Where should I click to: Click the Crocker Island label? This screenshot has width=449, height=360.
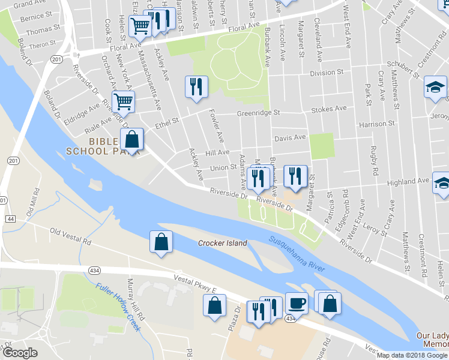coord(223,243)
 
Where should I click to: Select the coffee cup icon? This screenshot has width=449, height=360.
coord(296,303)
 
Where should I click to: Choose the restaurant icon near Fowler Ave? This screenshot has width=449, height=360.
coord(196,87)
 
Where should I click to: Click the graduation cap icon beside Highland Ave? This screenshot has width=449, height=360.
coord(442,184)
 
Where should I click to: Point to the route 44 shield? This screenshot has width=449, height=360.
coord(11,219)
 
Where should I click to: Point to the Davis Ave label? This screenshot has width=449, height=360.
coord(290,137)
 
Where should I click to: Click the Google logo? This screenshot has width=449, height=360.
coord(20,353)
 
